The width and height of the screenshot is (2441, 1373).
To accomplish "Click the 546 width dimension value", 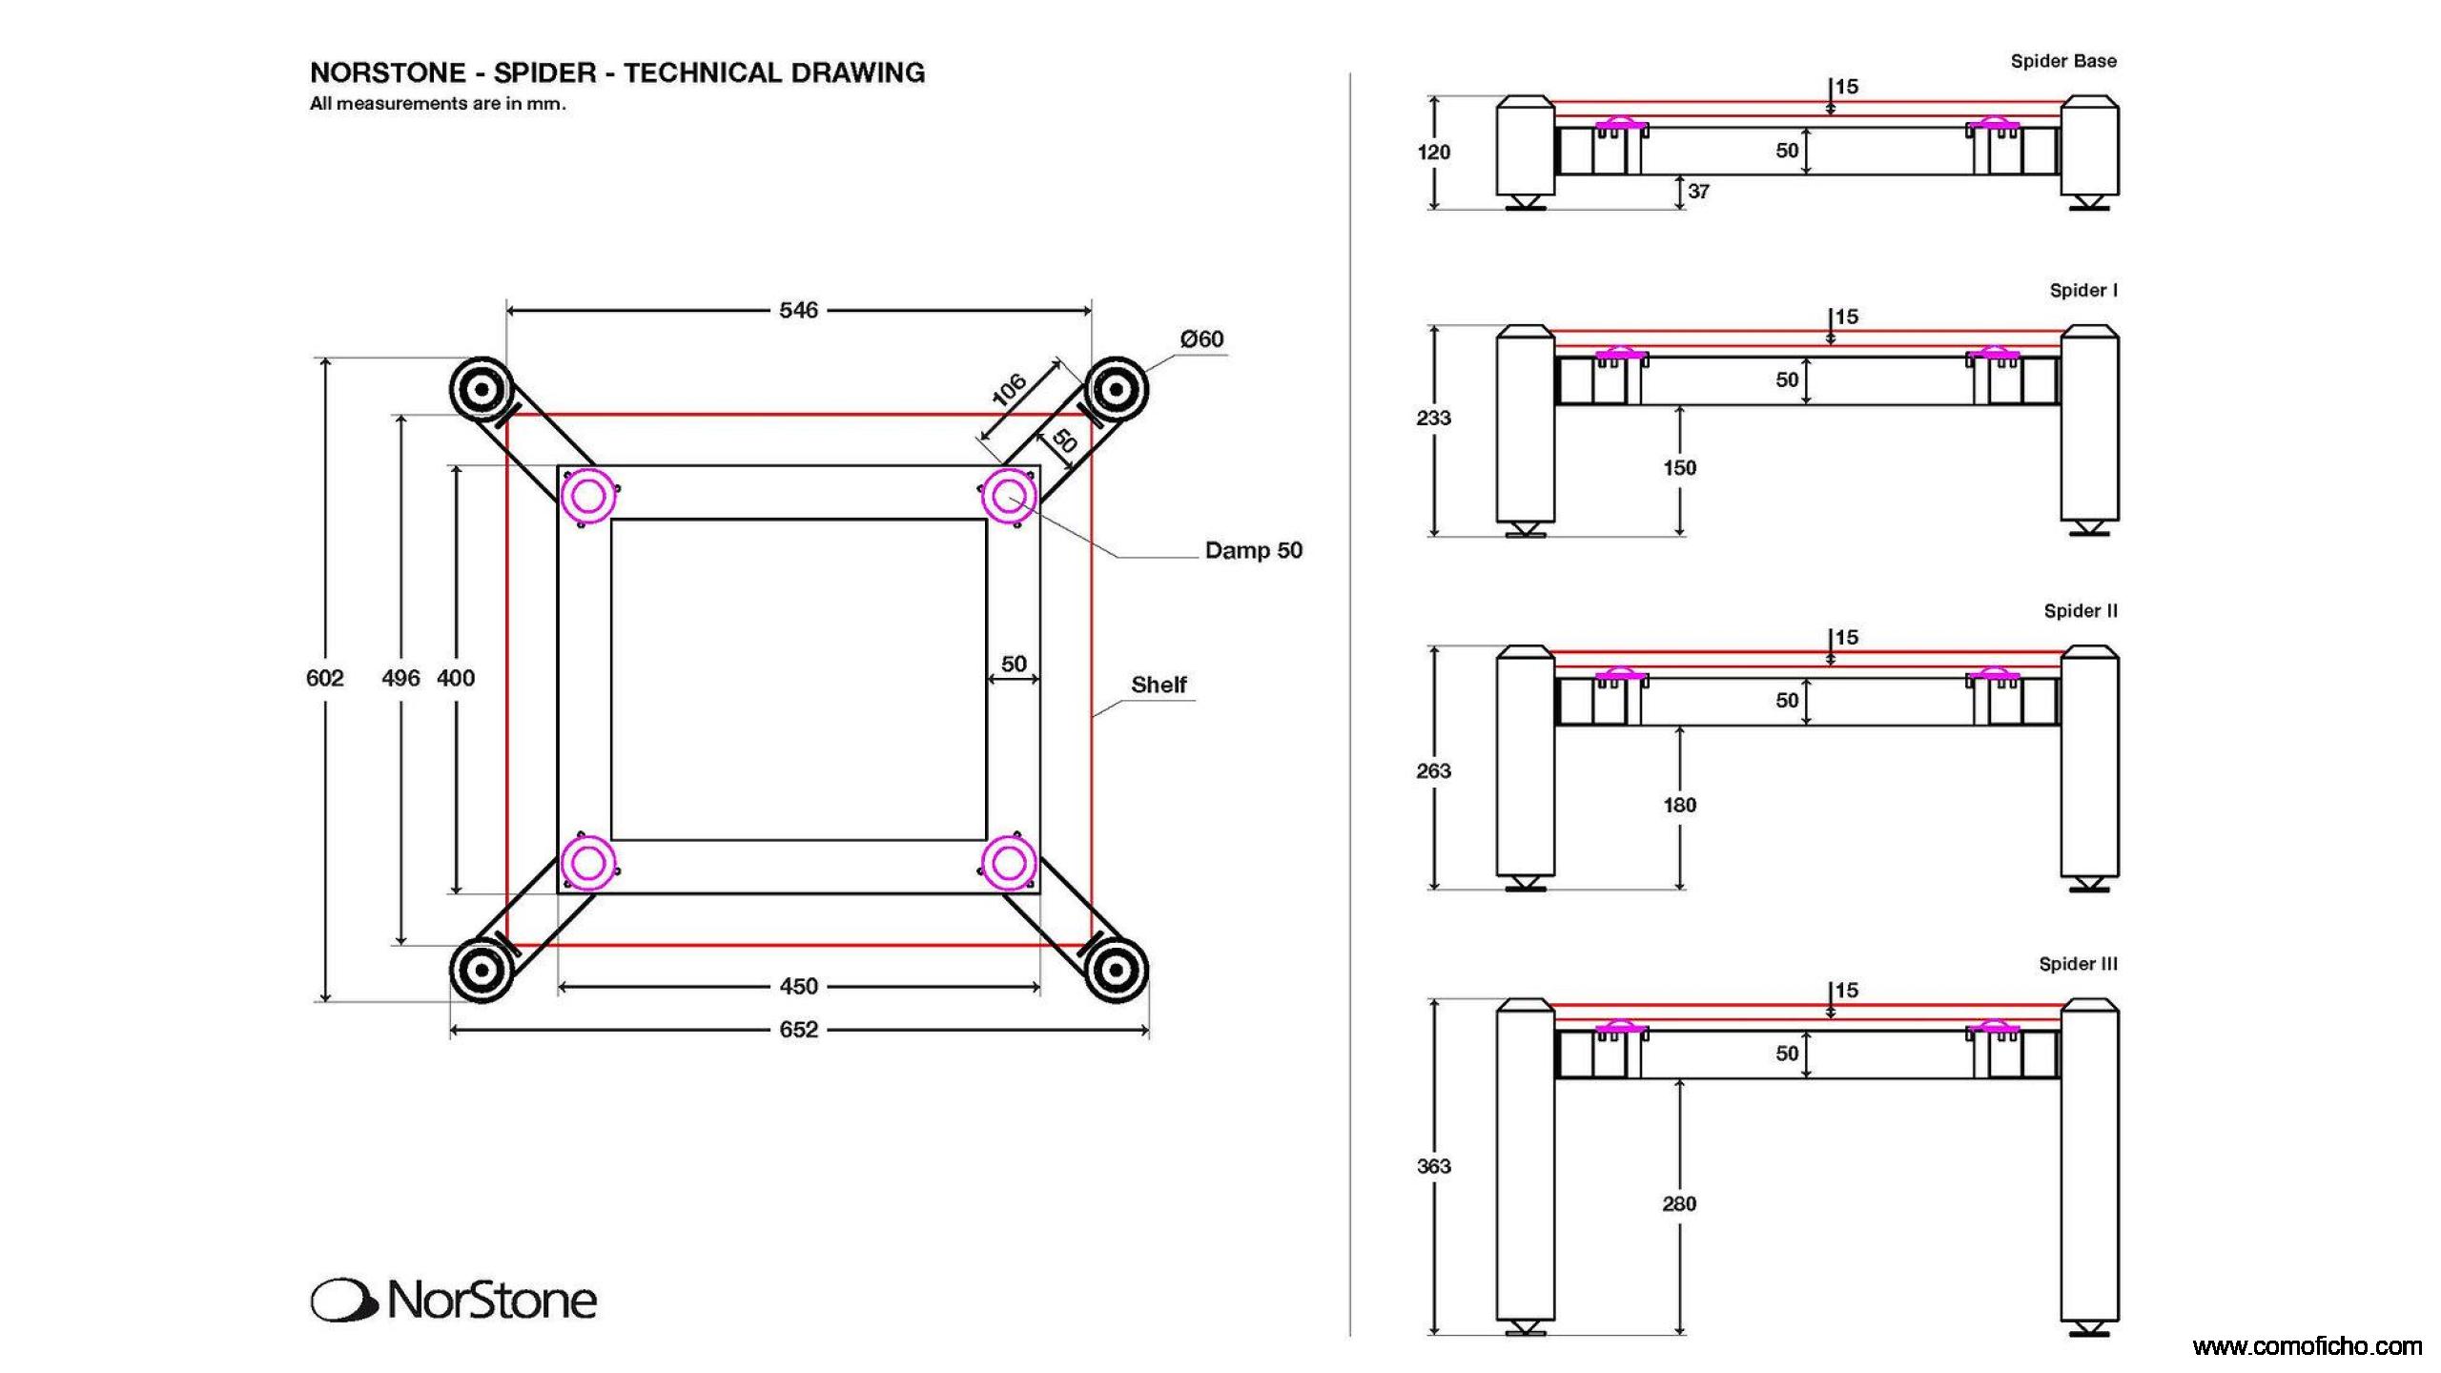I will tap(798, 310).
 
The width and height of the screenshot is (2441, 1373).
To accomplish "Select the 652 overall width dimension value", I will tap(798, 1030).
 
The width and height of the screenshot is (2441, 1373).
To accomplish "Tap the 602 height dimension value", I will tap(324, 678).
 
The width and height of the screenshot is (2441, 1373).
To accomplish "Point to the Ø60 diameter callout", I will tap(1201, 338).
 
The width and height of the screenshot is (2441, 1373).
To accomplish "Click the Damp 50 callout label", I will tap(1253, 550).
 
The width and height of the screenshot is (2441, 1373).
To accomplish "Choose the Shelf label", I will tap(1159, 685).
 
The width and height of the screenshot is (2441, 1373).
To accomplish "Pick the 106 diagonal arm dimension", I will tap(1009, 389).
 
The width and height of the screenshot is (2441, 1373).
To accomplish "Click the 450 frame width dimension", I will tap(798, 986).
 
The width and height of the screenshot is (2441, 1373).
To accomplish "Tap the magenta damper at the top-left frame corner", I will tap(587, 496).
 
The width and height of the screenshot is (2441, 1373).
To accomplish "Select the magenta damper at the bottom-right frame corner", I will tap(1009, 863).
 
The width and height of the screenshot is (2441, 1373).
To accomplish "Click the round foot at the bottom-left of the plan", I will tap(482, 971).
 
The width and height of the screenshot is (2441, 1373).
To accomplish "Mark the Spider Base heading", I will tap(2063, 61).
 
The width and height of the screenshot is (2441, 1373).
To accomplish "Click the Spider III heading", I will tap(2078, 964).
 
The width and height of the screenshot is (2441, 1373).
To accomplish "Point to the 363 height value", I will tap(1433, 1166).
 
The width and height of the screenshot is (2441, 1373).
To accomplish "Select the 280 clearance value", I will tap(1679, 1204).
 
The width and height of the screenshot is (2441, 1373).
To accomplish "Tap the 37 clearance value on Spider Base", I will tap(1698, 192).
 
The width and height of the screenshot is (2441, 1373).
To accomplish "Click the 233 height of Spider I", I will tap(1433, 418).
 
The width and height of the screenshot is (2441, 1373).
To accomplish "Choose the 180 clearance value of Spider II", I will tap(1679, 806).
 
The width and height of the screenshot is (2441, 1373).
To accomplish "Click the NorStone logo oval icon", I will tap(340, 1301).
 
